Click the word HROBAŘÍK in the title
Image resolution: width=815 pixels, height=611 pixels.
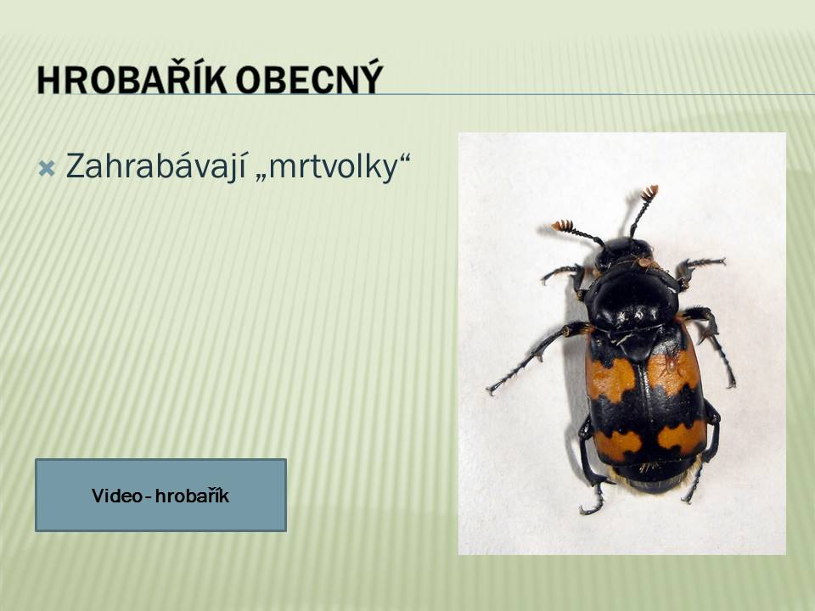132,80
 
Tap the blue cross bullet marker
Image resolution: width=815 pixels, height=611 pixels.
46,168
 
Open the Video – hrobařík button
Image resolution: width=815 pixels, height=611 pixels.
160,495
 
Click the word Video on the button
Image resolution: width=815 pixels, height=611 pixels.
116,496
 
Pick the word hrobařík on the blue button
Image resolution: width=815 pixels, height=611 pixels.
193,496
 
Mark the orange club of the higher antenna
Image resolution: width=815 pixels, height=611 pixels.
649,193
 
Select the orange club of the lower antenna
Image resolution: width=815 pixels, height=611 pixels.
562,226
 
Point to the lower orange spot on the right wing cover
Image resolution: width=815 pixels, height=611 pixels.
682,435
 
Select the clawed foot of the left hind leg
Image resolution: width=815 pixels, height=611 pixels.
593,504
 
